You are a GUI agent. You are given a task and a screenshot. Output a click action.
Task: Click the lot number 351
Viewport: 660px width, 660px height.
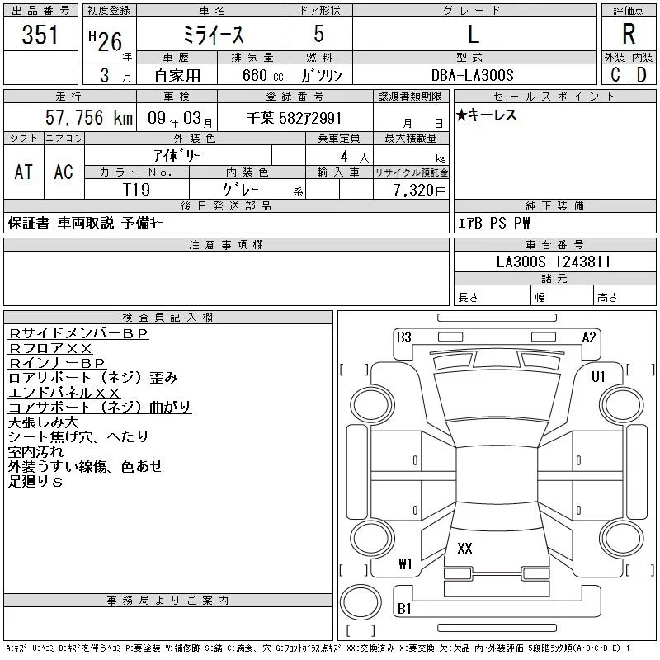pyautogui.click(x=40, y=35)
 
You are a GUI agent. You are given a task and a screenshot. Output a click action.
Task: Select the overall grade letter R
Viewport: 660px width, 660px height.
pyautogui.click(x=629, y=34)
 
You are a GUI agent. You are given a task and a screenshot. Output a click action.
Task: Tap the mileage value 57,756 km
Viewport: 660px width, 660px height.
pyautogui.click(x=89, y=117)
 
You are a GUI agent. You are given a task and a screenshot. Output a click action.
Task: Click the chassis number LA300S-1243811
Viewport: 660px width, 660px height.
pyautogui.click(x=554, y=262)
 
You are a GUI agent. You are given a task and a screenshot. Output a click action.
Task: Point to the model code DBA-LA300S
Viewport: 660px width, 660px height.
pyautogui.click(x=472, y=75)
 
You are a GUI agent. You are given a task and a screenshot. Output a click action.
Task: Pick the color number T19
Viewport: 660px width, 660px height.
pyautogui.click(x=136, y=190)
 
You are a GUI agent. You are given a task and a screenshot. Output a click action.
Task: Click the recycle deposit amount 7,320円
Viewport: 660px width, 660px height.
pyautogui.click(x=419, y=191)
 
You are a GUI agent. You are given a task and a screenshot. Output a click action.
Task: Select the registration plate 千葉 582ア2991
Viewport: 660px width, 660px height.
pyautogui.click(x=294, y=118)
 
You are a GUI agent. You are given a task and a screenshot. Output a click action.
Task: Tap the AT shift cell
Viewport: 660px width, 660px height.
pyautogui.click(x=23, y=172)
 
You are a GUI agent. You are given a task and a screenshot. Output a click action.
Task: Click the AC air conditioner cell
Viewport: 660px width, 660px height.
pyautogui.click(x=64, y=172)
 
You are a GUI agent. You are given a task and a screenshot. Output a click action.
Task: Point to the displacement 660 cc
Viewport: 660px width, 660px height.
pyautogui.click(x=262, y=76)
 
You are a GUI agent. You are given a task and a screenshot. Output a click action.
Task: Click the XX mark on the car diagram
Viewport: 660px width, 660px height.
pyautogui.click(x=464, y=548)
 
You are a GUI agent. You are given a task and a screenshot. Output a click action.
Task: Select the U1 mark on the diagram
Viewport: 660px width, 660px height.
pyautogui.click(x=598, y=377)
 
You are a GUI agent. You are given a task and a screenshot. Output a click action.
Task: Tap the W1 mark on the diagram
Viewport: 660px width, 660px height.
pyautogui.click(x=405, y=563)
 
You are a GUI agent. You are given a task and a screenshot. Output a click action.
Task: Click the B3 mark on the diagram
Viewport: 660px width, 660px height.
pyautogui.click(x=403, y=337)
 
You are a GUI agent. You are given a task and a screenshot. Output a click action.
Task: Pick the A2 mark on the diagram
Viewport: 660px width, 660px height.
pyautogui.click(x=589, y=337)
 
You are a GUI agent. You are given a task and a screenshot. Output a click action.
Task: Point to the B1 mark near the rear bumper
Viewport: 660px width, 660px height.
pyautogui.click(x=404, y=608)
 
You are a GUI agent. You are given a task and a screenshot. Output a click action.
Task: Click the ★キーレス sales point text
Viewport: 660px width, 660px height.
pyautogui.click(x=486, y=115)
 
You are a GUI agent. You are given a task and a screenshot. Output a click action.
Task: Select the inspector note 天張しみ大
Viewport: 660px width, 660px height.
pyautogui.click(x=44, y=422)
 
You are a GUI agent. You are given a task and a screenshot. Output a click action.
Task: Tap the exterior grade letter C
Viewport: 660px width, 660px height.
pyautogui.click(x=615, y=75)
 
